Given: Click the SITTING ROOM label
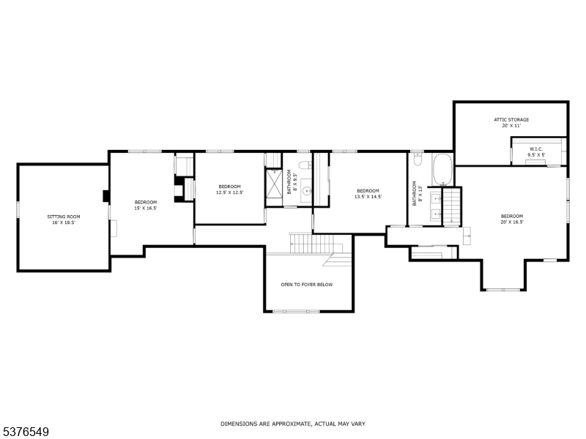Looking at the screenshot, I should pyautogui.click(x=63, y=217).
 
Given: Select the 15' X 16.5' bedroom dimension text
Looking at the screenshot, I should pyautogui.click(x=146, y=208).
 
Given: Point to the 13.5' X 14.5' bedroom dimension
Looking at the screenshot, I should pyautogui.click(x=368, y=197).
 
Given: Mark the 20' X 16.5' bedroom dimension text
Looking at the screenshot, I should pyautogui.click(x=512, y=222).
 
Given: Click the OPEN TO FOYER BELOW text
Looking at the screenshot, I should pyautogui.click(x=307, y=285).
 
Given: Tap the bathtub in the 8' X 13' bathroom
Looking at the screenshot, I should pyautogui.click(x=442, y=170).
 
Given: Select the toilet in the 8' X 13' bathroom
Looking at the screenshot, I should pyautogui.click(x=418, y=158).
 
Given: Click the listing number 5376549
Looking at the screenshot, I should pyautogui.click(x=26, y=432).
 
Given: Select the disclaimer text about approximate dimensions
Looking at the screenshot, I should pyautogui.click(x=293, y=424).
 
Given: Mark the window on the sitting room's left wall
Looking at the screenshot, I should pyautogui.click(x=18, y=208).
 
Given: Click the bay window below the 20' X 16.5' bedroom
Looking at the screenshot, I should pyautogui.click(x=504, y=290).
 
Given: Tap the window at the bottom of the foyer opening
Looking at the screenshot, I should pyautogui.click(x=296, y=312).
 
